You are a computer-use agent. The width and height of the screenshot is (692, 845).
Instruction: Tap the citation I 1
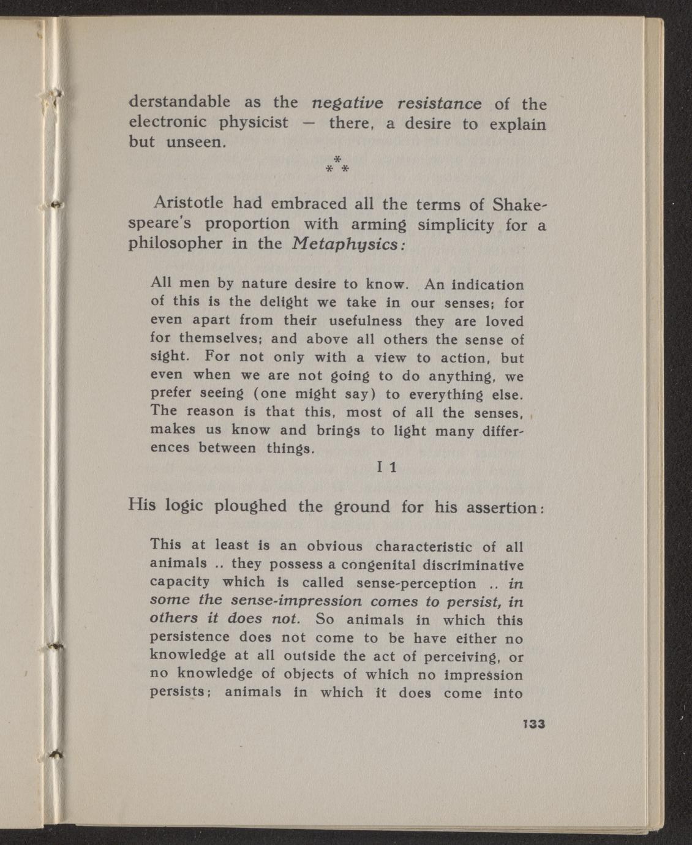387,467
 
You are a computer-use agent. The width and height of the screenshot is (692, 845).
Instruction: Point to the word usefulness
366,321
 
